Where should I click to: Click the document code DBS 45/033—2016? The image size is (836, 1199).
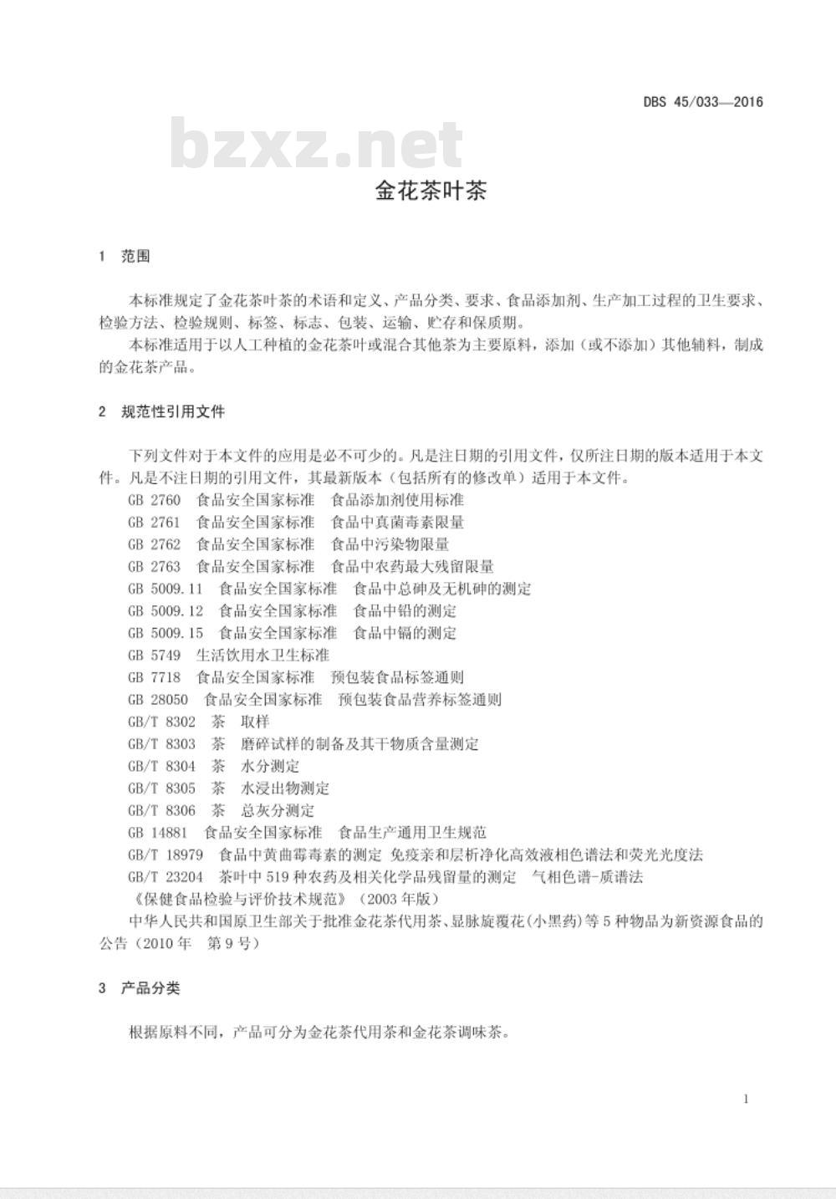703,103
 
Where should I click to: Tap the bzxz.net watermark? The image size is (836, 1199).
317,145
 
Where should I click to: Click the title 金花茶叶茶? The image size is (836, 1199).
431,191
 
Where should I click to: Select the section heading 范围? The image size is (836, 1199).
135,256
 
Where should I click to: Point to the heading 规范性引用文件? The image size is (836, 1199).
173,411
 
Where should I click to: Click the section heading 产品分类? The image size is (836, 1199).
150,988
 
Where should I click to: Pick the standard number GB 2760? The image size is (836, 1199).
154,500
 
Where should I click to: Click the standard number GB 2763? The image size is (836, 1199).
154,566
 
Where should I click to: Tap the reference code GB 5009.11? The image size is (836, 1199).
166,589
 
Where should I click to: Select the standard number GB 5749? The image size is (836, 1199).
154,655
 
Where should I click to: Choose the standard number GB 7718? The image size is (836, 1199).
154,677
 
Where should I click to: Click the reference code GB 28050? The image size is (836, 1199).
158,699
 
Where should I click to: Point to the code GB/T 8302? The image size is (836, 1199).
161,722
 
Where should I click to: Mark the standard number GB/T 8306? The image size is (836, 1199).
161,810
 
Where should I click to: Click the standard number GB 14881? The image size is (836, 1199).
158,833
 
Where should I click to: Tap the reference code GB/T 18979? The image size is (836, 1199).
166,855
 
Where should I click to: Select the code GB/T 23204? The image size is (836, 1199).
166,877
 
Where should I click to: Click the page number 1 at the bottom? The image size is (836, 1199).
746,1099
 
